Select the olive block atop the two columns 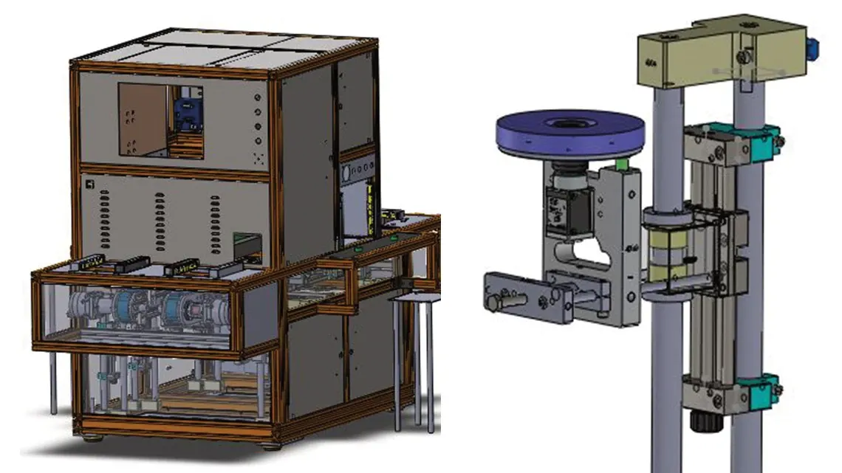pos(720,52)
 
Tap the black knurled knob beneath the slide pos(700,424)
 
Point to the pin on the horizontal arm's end pos(493,303)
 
